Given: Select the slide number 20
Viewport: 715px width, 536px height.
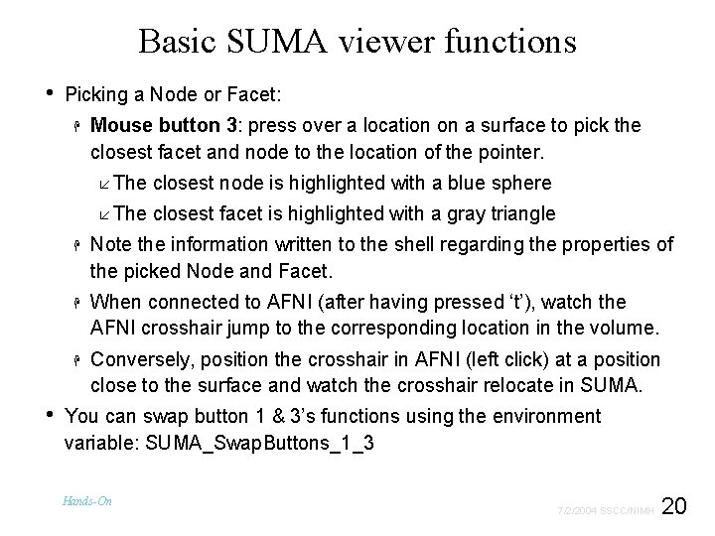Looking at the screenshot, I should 674,506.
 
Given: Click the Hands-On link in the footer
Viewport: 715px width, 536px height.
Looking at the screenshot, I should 87,501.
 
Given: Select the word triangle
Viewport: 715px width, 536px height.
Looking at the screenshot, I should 520,214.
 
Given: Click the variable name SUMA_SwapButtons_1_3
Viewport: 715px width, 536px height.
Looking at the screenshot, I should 259,444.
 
